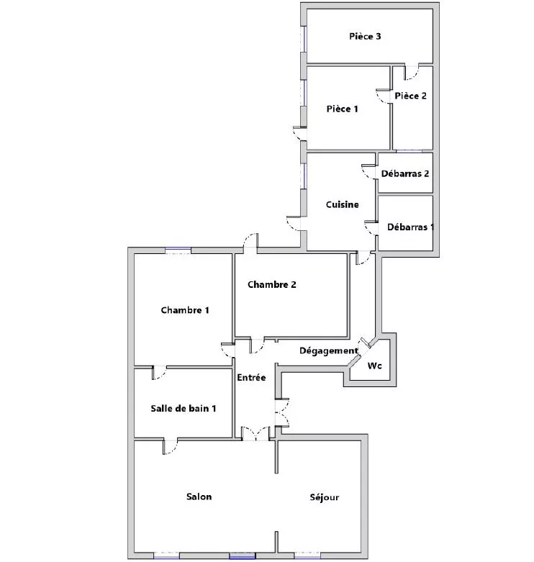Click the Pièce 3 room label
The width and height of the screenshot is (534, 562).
[x=365, y=36]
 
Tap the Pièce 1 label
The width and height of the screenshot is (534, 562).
[x=342, y=109]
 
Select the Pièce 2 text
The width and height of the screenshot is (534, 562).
[x=410, y=96]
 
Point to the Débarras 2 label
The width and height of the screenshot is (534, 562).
[x=405, y=173]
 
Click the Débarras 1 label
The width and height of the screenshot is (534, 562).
[x=410, y=227]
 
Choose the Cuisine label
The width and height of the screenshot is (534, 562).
[x=343, y=204]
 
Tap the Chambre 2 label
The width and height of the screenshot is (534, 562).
[x=271, y=284]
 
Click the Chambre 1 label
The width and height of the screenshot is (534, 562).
[x=185, y=310]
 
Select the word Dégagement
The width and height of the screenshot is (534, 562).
[x=329, y=350]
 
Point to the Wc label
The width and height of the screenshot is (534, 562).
[x=374, y=366]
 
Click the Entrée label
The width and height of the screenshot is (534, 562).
[x=251, y=377]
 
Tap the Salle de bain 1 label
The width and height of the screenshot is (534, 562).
[x=183, y=408]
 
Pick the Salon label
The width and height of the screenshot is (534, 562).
[x=199, y=497]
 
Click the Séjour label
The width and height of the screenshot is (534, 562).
[x=325, y=497]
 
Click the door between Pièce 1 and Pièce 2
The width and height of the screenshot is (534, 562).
[x=384, y=96]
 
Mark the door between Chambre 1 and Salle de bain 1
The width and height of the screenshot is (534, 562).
[x=159, y=373]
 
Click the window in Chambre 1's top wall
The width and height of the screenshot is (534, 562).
[x=178, y=250]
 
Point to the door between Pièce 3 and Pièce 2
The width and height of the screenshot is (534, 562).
[x=412, y=73]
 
